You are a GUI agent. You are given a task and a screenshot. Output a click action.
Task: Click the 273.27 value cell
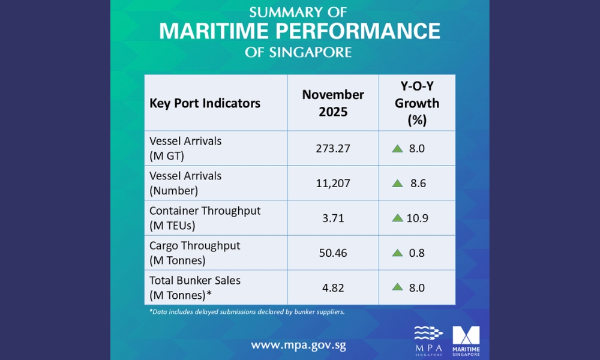tap(333, 148)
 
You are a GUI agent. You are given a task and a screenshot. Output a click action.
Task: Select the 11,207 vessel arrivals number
tap(333, 183)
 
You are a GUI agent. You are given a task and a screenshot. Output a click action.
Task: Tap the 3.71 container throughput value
tap(333, 218)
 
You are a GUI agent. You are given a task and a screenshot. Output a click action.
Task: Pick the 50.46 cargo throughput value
tap(333, 253)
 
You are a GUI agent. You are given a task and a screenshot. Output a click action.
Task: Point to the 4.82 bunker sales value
tap(333, 287)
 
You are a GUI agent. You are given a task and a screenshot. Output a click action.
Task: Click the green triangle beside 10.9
tap(397, 218)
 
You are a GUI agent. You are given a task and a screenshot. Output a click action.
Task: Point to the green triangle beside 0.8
tap(397, 253)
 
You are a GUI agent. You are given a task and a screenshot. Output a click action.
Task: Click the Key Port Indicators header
tap(205, 103)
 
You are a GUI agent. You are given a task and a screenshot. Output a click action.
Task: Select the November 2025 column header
tap(333, 103)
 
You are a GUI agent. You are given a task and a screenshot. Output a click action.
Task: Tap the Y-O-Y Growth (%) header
tap(416, 103)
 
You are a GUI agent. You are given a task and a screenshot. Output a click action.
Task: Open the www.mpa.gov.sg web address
tap(298, 345)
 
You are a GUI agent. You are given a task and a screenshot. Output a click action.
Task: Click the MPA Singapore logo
tap(428, 340)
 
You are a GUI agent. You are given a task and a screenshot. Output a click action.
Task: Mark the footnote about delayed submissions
tap(247, 311)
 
